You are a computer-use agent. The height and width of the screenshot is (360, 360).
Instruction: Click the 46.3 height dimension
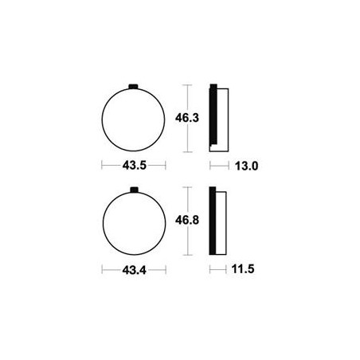pos(187,118)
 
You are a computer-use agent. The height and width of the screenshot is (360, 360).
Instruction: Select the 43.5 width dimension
pos(135,166)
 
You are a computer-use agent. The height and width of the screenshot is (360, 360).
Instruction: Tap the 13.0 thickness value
pos(246,166)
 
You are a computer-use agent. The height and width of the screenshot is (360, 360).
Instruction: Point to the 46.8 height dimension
pos(187,221)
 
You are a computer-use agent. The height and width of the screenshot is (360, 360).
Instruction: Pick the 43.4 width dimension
pos(135,270)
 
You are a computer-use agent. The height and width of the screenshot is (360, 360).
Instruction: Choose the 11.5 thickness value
pos(243,269)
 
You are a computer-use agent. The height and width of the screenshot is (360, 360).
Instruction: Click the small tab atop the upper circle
pos(133,86)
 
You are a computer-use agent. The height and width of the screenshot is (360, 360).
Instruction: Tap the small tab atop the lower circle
pos(135,190)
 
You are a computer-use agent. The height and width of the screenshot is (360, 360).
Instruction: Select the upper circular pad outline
pos(102,120)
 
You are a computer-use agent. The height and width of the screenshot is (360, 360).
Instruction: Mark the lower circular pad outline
pos(103,223)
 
